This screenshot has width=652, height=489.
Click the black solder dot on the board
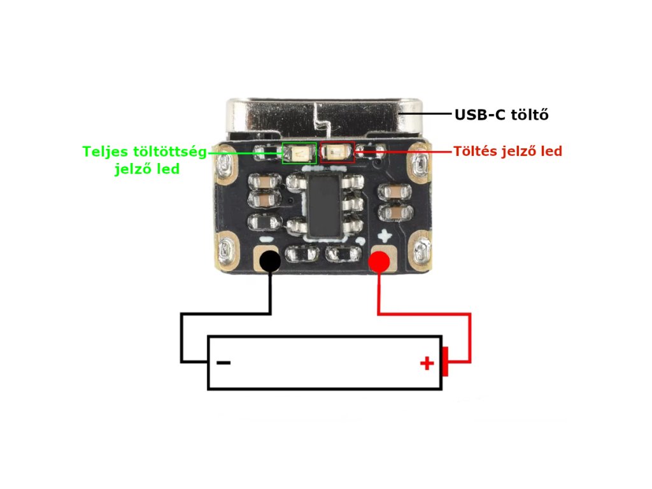click(270, 260)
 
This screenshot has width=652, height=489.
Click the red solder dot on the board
click(380, 260)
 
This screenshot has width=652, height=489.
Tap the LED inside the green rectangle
click(297, 153)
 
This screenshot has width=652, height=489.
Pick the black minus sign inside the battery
click(223, 364)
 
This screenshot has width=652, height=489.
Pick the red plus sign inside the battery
click(427, 364)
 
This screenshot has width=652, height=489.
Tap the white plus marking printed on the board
click(384, 237)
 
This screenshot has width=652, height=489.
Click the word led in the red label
click(551, 152)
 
